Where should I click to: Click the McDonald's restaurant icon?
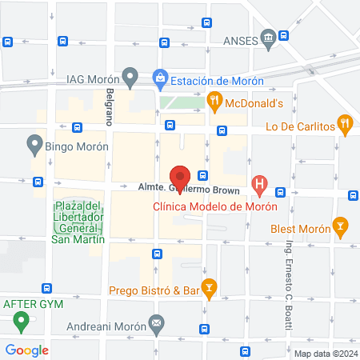point(214,102)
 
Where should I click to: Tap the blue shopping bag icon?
point(159,78)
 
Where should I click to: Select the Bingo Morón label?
point(77,146)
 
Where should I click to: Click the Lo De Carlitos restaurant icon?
point(345,125)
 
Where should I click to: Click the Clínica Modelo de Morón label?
point(215,206)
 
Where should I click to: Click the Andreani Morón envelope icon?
point(156,326)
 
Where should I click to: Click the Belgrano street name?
point(110,107)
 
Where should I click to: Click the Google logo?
point(26,350)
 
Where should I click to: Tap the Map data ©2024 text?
point(325,354)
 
